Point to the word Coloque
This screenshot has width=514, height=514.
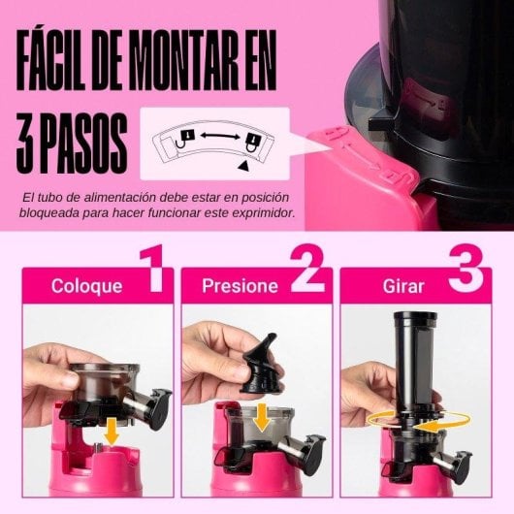click(x=86, y=286)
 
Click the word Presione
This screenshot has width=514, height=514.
click(x=241, y=286)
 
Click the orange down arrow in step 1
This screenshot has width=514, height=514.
click(x=112, y=430)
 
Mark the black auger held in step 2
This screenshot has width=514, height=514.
click(x=256, y=359)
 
